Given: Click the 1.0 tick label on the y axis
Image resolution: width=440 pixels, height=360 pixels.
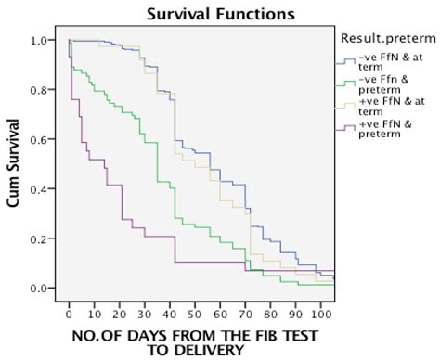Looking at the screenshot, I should (39, 41).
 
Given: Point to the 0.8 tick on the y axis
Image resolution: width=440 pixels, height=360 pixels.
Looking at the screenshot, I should (39, 90).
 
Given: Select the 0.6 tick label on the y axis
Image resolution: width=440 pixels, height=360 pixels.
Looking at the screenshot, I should (39, 140).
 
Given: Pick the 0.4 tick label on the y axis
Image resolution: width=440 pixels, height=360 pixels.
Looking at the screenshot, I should (39, 189).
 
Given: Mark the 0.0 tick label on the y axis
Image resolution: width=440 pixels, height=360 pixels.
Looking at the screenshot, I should (39, 288).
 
